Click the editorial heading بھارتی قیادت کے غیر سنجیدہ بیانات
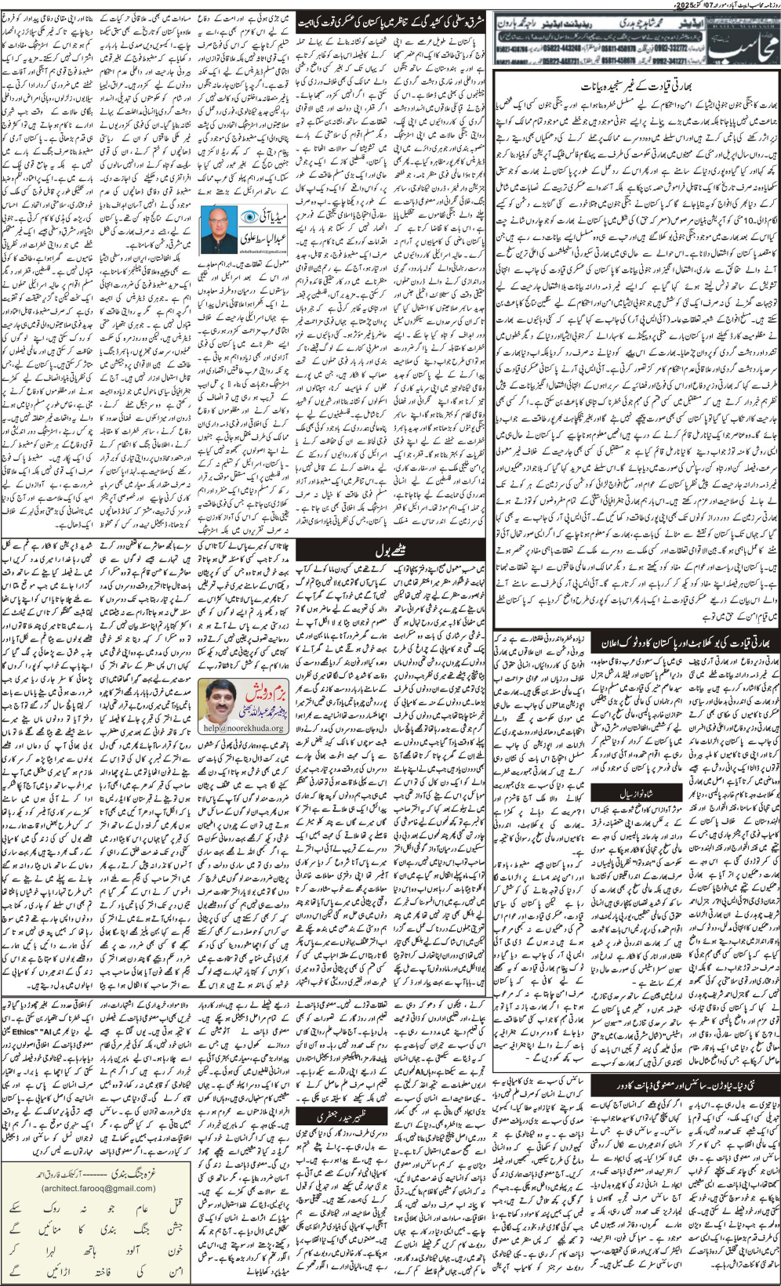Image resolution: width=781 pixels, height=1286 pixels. pyautogui.click(x=637, y=85)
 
